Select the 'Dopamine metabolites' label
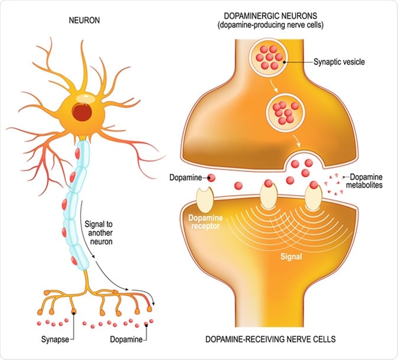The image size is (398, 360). [x=368, y=180]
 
